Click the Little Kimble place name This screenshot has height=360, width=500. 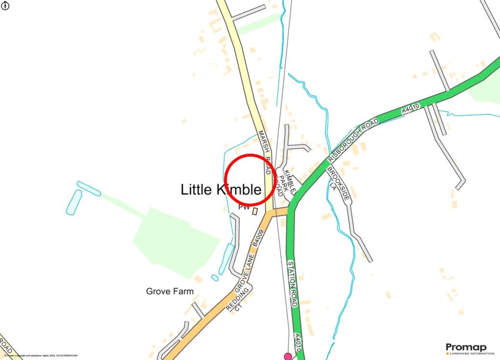click(221, 190)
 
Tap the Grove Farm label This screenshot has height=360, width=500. click(169, 292)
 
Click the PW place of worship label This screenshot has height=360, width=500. click(244, 208)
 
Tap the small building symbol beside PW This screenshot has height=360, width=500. click(255, 211)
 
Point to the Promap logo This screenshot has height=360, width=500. click(466, 348)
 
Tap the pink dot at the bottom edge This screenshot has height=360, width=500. click(288, 357)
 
